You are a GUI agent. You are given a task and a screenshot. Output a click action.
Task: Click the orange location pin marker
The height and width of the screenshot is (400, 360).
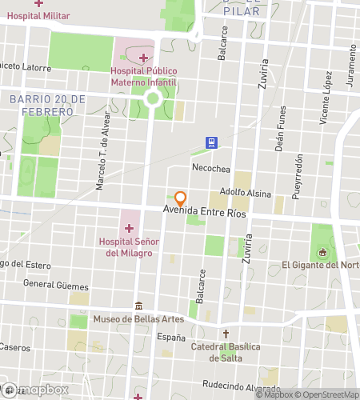pyautogui.click(x=181, y=198)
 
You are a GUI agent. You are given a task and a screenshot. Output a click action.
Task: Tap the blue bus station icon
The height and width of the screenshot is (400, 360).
pyautogui.click(x=211, y=143)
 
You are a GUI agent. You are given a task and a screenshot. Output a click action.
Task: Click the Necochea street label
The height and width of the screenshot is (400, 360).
pyautogui.click(x=211, y=168)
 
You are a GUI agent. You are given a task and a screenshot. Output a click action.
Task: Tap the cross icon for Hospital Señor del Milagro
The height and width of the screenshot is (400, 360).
pyautogui.click(x=128, y=228)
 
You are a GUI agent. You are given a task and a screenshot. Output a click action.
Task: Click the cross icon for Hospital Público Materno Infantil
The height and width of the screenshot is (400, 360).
pyautogui.click(x=144, y=58)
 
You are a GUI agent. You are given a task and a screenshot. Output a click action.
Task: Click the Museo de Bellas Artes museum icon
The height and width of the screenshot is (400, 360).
pyautogui.click(x=139, y=306)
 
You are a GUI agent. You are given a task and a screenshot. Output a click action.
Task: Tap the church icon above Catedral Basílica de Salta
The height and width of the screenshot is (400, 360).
pyautogui.click(x=226, y=334)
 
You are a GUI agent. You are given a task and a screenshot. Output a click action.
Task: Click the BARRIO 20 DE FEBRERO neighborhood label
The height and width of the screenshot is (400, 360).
pyautogui.click(x=48, y=105)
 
